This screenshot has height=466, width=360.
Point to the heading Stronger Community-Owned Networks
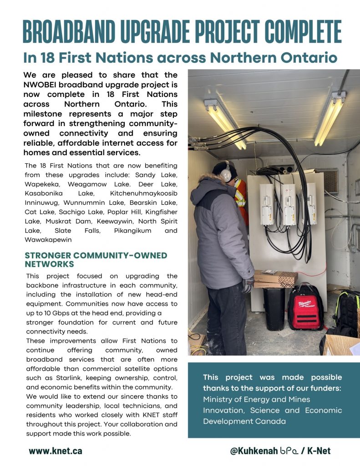(96, 259)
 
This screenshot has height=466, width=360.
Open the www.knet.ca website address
(56, 451)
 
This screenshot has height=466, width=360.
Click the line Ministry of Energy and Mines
(256, 399)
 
